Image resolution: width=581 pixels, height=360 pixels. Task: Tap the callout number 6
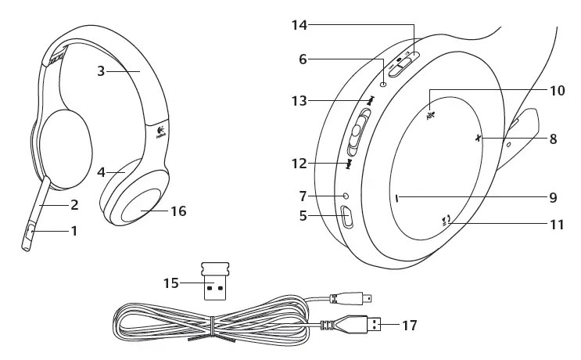click(x=303, y=57)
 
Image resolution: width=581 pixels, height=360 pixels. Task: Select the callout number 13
click(x=300, y=101)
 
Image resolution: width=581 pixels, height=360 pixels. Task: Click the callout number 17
click(x=409, y=324)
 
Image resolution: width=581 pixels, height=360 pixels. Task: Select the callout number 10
click(x=556, y=90)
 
